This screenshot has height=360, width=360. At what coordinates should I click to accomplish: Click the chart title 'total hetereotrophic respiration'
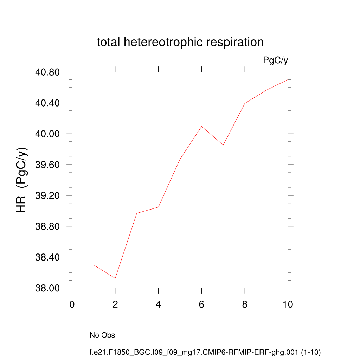click(180, 42)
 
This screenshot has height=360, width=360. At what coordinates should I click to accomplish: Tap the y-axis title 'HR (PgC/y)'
click(22, 180)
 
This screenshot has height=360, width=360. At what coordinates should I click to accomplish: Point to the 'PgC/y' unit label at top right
click(276, 60)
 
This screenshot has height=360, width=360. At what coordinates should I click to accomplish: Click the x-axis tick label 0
click(72, 304)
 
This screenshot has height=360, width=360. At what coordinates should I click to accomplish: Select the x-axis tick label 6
click(201, 304)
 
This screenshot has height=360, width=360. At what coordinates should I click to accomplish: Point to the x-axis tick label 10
click(288, 304)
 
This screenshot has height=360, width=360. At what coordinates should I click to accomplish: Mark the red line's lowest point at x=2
click(115, 278)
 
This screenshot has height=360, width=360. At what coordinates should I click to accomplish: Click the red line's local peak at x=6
click(201, 126)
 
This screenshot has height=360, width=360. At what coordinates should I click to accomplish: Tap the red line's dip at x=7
click(223, 145)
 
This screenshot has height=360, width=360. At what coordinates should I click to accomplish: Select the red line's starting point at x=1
click(94, 265)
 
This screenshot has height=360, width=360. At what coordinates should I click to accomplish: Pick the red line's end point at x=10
click(288, 79)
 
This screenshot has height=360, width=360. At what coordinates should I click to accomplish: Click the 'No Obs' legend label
click(102, 335)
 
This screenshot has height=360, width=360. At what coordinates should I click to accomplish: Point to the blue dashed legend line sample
click(62, 335)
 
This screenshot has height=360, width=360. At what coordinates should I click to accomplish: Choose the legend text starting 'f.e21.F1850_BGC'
click(205, 352)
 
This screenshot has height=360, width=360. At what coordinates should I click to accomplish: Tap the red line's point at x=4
click(159, 207)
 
